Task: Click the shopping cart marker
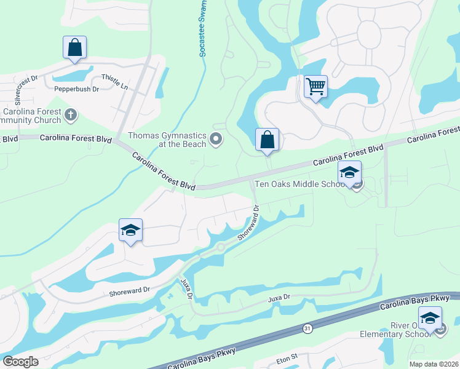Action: pyautogui.click(x=315, y=87)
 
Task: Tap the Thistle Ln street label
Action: pyautogui.click(x=115, y=82)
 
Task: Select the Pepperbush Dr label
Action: pyautogui.click(x=77, y=89)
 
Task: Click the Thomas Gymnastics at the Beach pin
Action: pyautogui.click(x=215, y=140)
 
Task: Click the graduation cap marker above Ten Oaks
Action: pyautogui.click(x=349, y=173)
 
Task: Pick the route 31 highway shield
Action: pyautogui.click(x=307, y=329)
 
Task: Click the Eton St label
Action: pyautogui.click(x=286, y=356)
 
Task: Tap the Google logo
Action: pyautogui.click(x=20, y=362)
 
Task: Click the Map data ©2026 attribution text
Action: pyautogui.click(x=433, y=364)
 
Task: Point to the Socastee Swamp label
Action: pyautogui.click(x=202, y=29)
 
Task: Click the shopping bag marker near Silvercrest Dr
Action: pyautogui.click(x=74, y=47)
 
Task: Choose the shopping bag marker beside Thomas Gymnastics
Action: pyautogui.click(x=268, y=140)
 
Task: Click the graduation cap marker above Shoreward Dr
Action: pyautogui.click(x=130, y=231)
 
